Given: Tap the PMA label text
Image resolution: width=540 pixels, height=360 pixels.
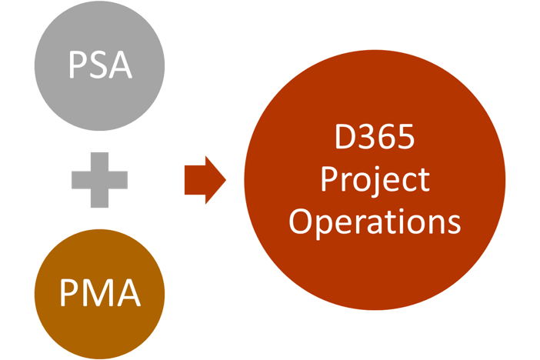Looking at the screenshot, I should pyautogui.click(x=100, y=293).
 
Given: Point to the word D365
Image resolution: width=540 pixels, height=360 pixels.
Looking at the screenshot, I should pyautogui.click(x=375, y=138).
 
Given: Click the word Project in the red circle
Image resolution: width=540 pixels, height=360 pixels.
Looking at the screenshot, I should pyautogui.click(x=375, y=180).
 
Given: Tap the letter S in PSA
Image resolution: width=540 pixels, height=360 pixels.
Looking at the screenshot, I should pyautogui.click(x=98, y=65).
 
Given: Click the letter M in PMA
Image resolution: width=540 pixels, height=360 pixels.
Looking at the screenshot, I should pyautogui.click(x=98, y=293).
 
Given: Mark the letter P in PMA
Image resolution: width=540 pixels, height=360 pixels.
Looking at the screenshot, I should pyautogui.click(x=70, y=293).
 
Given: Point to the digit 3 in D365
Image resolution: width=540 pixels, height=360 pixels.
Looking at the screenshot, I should pyautogui.click(x=368, y=138).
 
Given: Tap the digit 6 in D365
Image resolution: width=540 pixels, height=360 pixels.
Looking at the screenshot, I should pyautogui.click(x=387, y=138).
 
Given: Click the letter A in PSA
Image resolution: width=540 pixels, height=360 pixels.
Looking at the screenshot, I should pyautogui.click(x=121, y=65).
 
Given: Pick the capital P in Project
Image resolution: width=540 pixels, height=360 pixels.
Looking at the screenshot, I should pyautogui.click(x=329, y=180).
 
